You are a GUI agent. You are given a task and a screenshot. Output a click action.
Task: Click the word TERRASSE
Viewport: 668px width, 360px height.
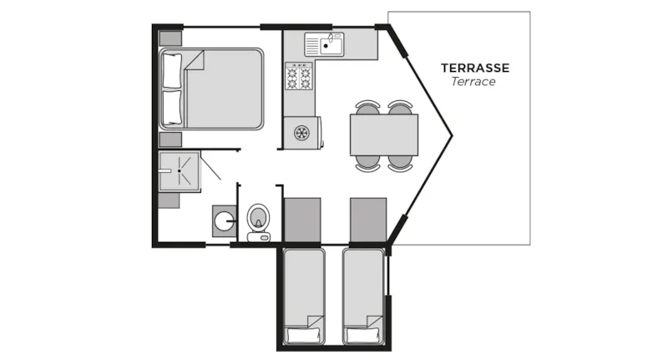tap(474, 68)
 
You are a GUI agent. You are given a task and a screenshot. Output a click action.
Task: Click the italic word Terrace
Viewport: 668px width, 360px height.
tap(473, 82)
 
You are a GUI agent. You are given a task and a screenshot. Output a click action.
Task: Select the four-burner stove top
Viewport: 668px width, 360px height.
tap(300, 78)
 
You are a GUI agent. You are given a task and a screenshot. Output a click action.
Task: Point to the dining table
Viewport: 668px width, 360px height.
tap(383, 134)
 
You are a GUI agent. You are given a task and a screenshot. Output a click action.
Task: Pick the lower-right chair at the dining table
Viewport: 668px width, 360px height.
tap(401, 162)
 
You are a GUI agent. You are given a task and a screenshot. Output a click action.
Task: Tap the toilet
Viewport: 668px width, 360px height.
tap(260, 219)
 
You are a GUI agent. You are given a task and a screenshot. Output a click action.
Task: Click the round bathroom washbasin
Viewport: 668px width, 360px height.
tap(223, 220)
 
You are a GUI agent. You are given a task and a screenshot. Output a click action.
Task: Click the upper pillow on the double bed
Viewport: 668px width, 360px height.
tap(171, 70)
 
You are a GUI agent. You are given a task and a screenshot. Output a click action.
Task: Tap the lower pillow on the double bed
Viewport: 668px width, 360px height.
tap(171, 107)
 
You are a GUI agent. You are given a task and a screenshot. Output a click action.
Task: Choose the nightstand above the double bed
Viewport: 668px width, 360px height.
tap(170, 38)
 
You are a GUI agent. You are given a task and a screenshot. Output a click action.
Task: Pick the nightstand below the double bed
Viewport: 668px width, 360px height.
tap(170, 139)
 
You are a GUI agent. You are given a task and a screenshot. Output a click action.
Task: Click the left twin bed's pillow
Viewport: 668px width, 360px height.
tap(303, 336)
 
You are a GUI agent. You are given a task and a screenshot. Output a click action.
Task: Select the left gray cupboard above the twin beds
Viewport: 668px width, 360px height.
tap(302, 219)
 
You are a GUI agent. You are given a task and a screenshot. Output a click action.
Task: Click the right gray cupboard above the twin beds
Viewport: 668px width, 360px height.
tap(368, 219)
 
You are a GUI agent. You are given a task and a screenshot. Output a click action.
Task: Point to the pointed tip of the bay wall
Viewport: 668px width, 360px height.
tap(452, 135)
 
